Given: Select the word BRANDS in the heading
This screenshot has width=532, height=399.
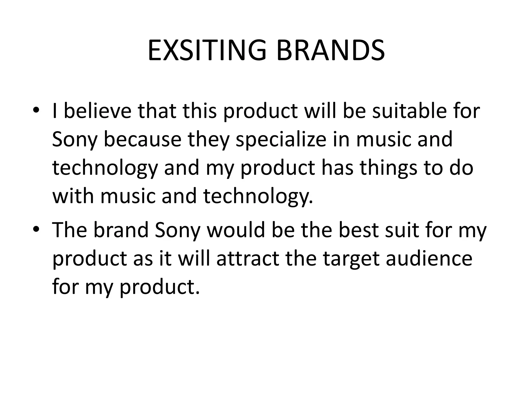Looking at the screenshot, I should click(330, 50).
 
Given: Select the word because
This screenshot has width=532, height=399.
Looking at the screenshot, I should click(143, 139).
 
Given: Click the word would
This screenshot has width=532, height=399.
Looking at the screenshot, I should click(236, 230).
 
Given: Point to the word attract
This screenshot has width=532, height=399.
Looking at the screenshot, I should click(248, 259).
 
